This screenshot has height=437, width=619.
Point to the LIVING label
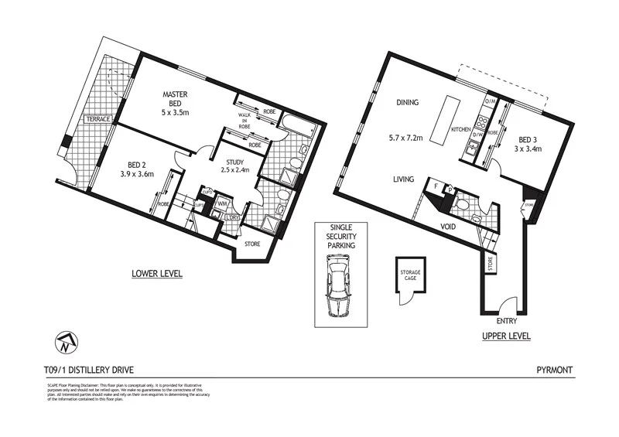pyautogui.click(x=405, y=179)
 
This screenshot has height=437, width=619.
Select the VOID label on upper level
pyautogui.click(x=447, y=227)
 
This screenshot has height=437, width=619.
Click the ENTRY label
pyautogui.click(x=508, y=320)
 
